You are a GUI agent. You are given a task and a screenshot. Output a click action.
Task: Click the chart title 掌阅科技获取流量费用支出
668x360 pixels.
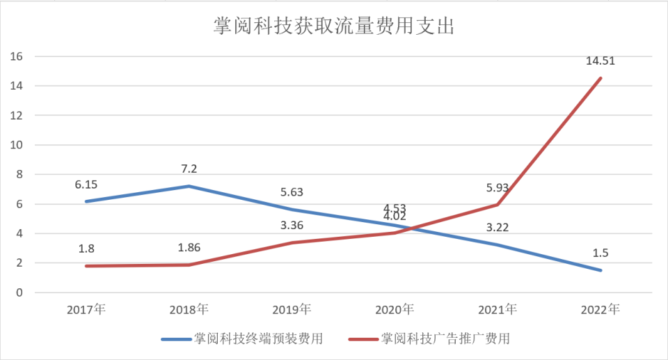pos(333,26)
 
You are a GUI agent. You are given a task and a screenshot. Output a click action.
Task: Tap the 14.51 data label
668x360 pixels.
pos(600,61)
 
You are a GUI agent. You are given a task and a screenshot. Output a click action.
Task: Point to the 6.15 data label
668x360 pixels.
pos(86,185)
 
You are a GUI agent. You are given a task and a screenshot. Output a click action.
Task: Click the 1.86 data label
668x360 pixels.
pos(189,248)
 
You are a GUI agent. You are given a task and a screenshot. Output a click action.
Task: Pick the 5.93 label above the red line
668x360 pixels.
pos(498,188)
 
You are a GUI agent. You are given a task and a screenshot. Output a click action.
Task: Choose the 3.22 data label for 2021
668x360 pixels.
pos(498,227)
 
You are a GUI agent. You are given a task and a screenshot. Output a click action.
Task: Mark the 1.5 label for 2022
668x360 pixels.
pos(600,252)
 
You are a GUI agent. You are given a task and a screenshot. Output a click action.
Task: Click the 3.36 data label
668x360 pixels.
pos(292,226)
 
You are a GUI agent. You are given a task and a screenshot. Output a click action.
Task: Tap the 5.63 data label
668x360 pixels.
pos(292,193)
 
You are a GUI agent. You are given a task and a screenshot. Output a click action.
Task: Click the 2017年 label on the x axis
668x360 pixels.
pos(86,309)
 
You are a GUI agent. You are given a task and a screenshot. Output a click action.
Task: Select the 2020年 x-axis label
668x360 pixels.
pos(395,309)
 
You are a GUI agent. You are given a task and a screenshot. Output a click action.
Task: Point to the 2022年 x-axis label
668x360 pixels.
pos(600,309)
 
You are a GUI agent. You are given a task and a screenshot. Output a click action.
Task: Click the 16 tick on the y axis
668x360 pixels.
pos(18,56)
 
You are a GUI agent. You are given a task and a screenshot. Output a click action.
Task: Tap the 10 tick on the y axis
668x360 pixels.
pos(18,145)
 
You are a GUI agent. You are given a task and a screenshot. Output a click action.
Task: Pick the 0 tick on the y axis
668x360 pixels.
pos(21,292)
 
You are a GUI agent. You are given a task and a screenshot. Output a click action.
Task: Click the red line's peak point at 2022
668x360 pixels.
pos(600,78)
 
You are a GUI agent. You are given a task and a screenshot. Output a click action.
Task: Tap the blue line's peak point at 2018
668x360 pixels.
pos(189,186)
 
